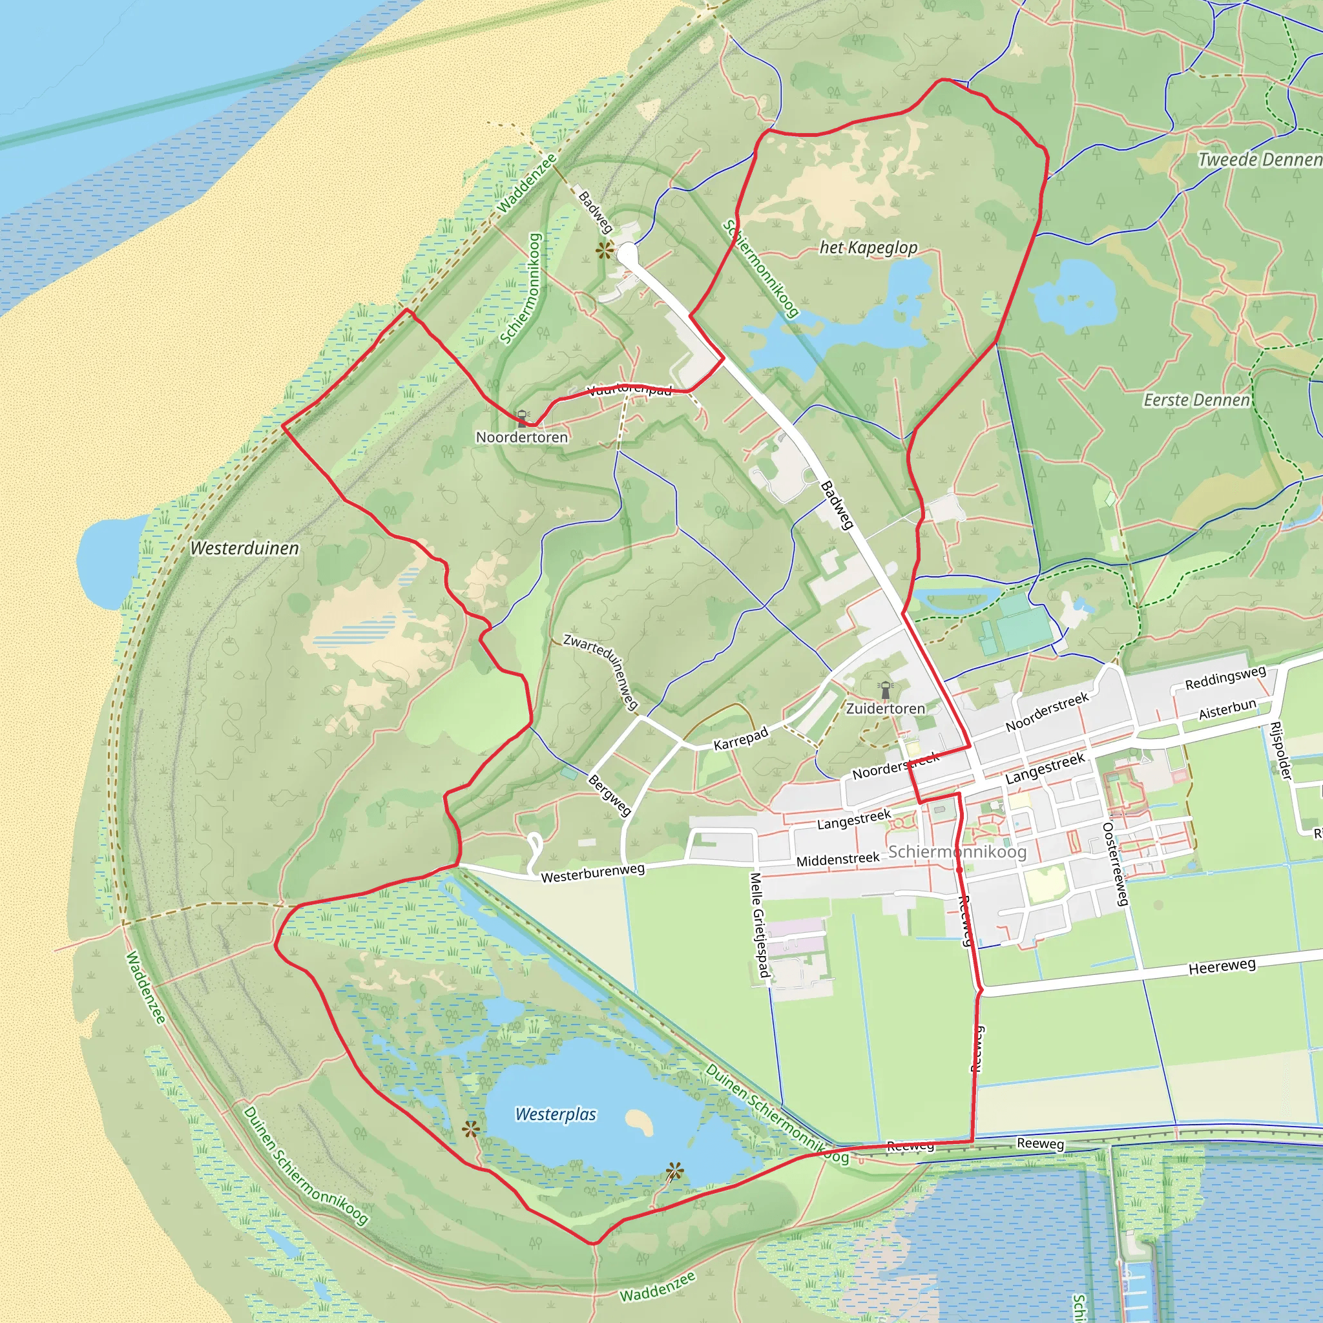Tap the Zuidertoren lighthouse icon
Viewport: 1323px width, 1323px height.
tap(886, 688)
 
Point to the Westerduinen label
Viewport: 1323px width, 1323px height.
tap(244, 548)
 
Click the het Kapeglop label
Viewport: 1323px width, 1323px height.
tap(868, 248)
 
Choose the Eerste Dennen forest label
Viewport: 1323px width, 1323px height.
tap(1196, 400)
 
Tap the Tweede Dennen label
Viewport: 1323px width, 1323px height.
tap(1258, 160)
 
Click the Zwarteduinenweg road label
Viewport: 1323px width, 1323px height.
tap(601, 671)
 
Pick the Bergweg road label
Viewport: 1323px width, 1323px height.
tap(609, 795)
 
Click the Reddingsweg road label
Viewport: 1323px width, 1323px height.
tap(1225, 678)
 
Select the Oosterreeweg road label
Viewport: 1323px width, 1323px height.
tap(1115, 864)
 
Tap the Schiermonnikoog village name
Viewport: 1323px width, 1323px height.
tap(957, 852)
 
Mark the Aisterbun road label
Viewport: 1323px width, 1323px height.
tap(1227, 709)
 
